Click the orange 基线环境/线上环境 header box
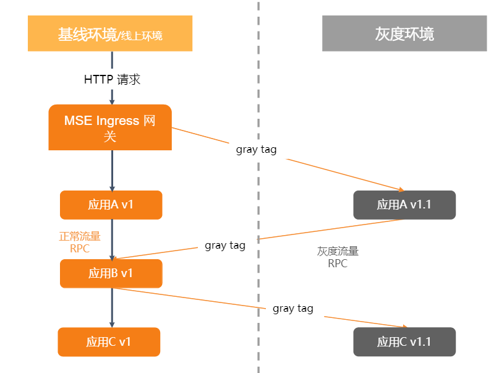click(x=110, y=33)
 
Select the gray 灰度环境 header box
click(x=404, y=33)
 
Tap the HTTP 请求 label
click(x=112, y=79)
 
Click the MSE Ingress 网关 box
click(x=109, y=127)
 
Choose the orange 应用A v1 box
click(x=111, y=205)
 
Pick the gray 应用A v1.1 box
click(x=404, y=205)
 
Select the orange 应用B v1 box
click(x=111, y=273)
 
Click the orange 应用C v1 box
click(x=109, y=342)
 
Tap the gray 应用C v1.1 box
click(x=404, y=342)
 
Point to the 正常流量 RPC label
click(x=80, y=242)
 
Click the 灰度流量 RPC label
click(x=338, y=257)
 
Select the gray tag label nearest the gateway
click(x=256, y=150)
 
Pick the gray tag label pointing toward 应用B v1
click(x=225, y=246)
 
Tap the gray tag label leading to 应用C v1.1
click(x=293, y=309)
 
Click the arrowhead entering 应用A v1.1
click(x=401, y=189)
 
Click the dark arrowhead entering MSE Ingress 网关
click(x=112, y=100)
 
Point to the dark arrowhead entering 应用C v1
click(x=112, y=324)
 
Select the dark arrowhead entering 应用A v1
click(x=112, y=187)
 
